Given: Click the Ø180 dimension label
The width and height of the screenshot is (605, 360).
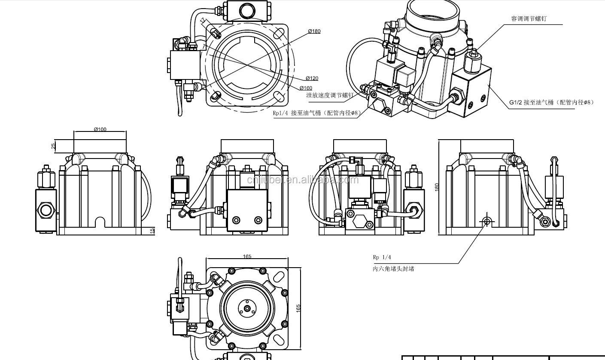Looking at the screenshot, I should click(x=314, y=31).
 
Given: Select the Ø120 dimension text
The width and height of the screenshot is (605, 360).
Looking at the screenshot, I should click(x=312, y=78).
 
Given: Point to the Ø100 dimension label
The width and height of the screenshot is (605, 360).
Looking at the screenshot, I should click(x=100, y=129).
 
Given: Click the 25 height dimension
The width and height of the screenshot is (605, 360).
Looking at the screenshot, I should click(x=53, y=146).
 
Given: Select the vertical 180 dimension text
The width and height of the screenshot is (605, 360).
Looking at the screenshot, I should click(x=437, y=187).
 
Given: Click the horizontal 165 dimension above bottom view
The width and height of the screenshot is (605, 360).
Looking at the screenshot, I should click(x=247, y=256).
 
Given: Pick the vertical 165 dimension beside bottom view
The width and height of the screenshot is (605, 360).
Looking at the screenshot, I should click(x=298, y=308).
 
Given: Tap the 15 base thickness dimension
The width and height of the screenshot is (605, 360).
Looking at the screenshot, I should click(x=152, y=231).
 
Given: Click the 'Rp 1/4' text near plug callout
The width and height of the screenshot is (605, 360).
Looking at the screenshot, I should click(x=382, y=257).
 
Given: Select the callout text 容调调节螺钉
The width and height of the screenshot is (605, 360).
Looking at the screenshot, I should click(x=529, y=19).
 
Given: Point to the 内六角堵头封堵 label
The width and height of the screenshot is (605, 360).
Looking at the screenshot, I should click(x=393, y=269).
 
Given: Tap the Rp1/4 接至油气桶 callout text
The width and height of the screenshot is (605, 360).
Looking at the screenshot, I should click(x=315, y=113).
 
